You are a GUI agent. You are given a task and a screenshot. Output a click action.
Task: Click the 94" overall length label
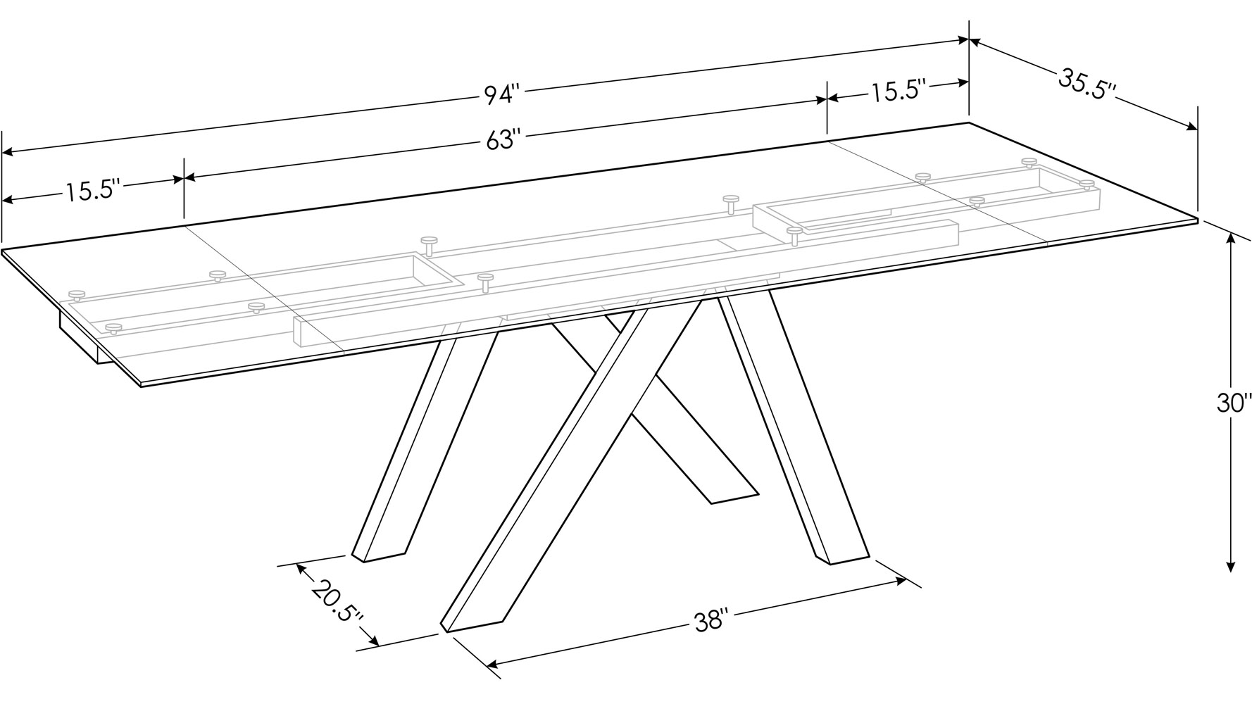pyautogui.click(x=501, y=94)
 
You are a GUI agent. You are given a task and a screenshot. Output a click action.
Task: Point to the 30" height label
pyautogui.click(x=1234, y=403)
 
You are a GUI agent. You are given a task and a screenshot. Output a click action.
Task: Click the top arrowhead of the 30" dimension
pyautogui.click(x=1230, y=238)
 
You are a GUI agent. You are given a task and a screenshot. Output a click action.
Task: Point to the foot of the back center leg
pyautogui.click(x=732, y=495)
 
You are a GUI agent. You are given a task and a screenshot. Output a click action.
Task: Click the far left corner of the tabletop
pyautogui.click(x=4, y=250)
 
